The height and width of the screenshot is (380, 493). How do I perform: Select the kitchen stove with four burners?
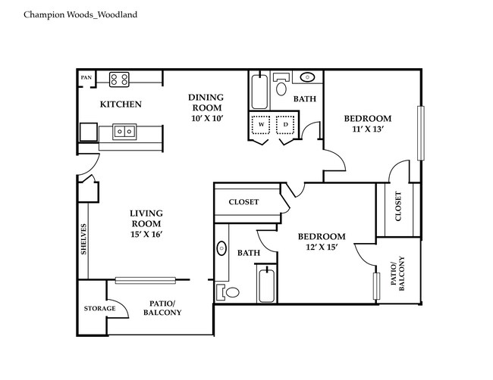[x=119, y=78]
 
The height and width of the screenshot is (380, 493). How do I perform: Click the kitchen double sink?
[x=124, y=132]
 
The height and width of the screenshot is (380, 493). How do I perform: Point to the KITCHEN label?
[x=121, y=104]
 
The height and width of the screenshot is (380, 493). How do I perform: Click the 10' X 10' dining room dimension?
[x=206, y=120]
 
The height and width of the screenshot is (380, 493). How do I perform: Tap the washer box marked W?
[x=261, y=123]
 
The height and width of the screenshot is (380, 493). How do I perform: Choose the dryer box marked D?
[x=286, y=123]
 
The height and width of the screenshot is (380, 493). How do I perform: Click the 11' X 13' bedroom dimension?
[x=367, y=129]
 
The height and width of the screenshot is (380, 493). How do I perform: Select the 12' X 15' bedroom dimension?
[x=321, y=248]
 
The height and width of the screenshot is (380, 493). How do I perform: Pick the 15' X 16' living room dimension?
[x=146, y=234]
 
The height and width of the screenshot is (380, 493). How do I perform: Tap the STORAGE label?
[x=99, y=308]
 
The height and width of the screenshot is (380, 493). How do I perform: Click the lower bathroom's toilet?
[x=231, y=291]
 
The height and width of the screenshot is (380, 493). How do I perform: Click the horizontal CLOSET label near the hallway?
[x=243, y=202]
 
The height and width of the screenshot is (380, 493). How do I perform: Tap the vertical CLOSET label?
[x=398, y=207]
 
